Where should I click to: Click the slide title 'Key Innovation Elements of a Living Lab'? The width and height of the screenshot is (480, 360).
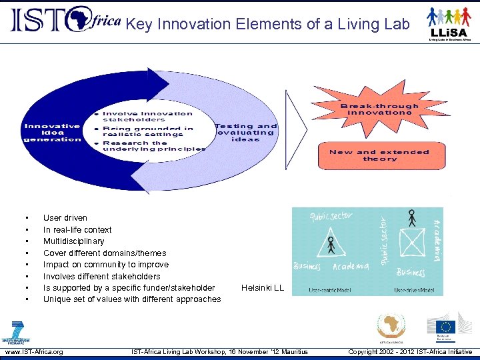click(x=267, y=25)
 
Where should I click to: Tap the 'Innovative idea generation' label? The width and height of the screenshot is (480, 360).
click(x=53, y=132)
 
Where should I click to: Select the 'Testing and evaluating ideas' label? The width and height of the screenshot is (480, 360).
click(x=246, y=132)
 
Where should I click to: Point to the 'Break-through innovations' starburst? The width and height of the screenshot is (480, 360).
click(x=379, y=109)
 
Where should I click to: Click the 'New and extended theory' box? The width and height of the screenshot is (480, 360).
click(x=379, y=155)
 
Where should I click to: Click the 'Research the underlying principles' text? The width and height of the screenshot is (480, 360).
click(x=150, y=146)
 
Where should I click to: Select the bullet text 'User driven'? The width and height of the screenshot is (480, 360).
click(x=65, y=218)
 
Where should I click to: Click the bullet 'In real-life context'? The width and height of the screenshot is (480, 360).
click(x=77, y=230)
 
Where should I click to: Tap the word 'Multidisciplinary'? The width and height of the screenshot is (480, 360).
click(x=73, y=241)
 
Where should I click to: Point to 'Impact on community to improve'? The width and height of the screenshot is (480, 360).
click(x=105, y=265)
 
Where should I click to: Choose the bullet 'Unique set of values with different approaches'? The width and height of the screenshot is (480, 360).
click(x=131, y=299)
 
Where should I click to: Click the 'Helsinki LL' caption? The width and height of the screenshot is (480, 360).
click(x=262, y=288)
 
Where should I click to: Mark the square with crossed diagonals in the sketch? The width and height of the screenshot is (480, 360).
click(x=411, y=245)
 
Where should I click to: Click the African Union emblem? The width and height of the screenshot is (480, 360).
click(x=391, y=326)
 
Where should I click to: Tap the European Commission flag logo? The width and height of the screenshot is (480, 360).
click(x=445, y=326)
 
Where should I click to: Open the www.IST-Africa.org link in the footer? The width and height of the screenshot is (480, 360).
click(x=34, y=352)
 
